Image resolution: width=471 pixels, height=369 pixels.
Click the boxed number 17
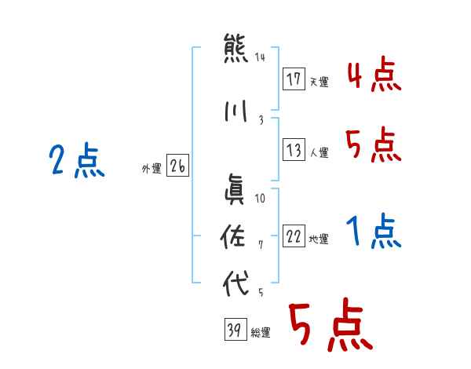(294, 80)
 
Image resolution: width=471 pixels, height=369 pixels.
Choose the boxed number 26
(177, 166)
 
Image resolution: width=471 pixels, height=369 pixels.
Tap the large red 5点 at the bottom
(330, 327)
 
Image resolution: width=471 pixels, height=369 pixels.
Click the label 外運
(151, 167)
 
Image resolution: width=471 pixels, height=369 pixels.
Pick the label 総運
(261, 333)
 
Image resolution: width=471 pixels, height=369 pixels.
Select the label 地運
(319, 239)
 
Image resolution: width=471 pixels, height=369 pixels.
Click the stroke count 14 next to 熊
(261, 57)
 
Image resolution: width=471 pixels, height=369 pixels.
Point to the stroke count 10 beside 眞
(261, 199)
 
